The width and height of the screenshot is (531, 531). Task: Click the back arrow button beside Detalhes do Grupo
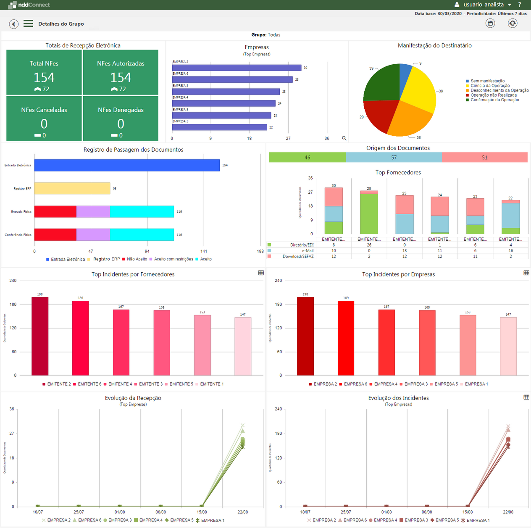click(x=14, y=24)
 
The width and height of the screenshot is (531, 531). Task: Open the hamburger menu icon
click(x=28, y=24)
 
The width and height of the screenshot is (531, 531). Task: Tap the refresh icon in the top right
click(x=512, y=23)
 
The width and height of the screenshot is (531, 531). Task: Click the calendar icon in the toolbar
click(x=490, y=23)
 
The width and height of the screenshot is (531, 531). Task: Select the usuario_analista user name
click(x=483, y=5)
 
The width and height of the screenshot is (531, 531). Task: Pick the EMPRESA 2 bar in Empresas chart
click(x=237, y=68)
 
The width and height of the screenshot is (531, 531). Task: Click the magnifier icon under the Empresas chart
click(x=344, y=138)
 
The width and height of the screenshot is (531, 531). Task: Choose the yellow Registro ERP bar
click(x=72, y=189)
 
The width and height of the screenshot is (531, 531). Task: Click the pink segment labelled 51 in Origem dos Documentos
click(x=484, y=158)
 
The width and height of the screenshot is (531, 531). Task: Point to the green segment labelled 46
click(x=307, y=158)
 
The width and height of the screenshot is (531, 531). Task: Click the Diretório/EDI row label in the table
click(x=302, y=245)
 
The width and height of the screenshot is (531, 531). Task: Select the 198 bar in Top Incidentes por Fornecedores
click(x=40, y=336)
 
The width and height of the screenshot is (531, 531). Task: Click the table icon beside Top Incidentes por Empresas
click(x=526, y=273)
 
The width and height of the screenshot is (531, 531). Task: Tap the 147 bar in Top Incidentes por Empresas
click(x=508, y=346)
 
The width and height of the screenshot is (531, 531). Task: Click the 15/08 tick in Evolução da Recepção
click(x=202, y=512)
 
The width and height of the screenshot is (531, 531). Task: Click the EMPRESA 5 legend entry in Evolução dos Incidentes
click(x=446, y=520)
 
